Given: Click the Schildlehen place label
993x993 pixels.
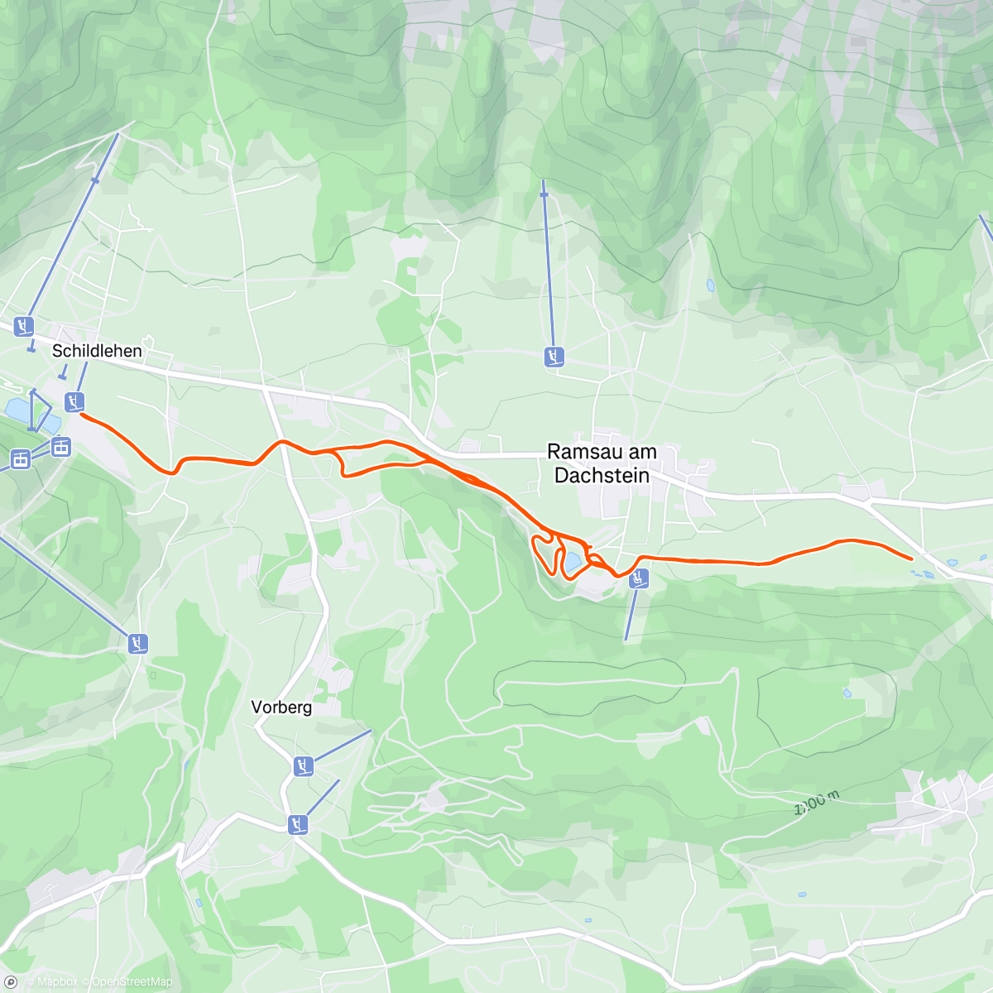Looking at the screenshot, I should click(x=97, y=351).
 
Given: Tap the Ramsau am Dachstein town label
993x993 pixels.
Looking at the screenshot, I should click(x=602, y=463).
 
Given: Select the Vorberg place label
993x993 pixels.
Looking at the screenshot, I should click(x=281, y=708).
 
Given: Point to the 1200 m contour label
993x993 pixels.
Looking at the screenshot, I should click(x=816, y=801).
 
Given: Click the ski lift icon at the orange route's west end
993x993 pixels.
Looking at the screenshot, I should click(x=74, y=403).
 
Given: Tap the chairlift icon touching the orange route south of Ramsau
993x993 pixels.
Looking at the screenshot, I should click(x=638, y=578).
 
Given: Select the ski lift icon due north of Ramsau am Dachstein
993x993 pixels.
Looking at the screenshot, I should click(x=554, y=357).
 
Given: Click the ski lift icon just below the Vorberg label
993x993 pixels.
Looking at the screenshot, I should click(x=304, y=766).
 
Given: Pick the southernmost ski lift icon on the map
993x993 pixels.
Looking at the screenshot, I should click(x=298, y=824).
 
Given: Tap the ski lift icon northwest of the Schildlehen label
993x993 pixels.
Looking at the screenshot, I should click(x=25, y=326).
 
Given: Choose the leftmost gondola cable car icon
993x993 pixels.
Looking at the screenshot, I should click(x=20, y=458).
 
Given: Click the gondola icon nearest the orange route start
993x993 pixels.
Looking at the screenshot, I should click(x=60, y=448).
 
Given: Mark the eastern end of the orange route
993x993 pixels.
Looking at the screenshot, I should click(x=912, y=559).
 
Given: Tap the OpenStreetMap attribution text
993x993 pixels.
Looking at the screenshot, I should click(x=132, y=982).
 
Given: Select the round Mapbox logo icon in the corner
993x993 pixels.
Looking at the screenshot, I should click(x=11, y=982).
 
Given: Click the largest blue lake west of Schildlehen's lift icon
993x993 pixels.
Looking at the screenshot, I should click(x=17, y=409).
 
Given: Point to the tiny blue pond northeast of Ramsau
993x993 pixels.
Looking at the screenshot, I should click(x=710, y=286).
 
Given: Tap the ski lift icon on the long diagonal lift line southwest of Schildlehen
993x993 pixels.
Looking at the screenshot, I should click(x=138, y=642).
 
